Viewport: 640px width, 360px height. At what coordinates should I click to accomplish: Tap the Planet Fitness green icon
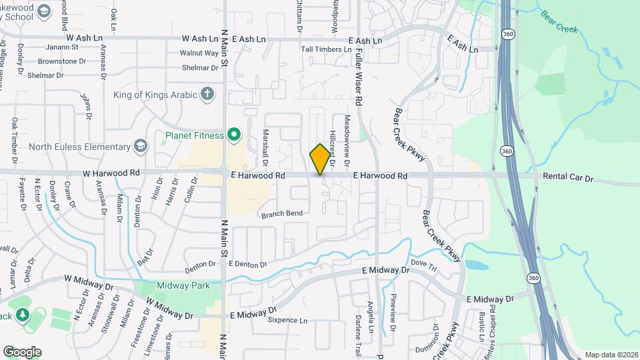[234, 135]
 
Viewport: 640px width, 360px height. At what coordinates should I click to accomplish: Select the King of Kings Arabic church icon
[208, 94]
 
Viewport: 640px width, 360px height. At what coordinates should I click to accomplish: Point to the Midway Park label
[183, 285]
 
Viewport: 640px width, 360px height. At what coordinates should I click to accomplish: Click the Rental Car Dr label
[567, 179]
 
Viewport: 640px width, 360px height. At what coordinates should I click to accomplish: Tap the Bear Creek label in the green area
[559, 21]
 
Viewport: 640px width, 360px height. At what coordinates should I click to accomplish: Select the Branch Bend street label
[282, 213]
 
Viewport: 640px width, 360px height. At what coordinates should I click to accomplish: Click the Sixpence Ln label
[287, 321]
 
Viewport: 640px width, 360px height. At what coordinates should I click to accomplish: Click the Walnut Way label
[203, 53]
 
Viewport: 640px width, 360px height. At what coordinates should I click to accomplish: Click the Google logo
[22, 351]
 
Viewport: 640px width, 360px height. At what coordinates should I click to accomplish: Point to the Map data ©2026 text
[611, 355]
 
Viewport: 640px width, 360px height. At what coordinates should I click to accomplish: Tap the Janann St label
[62, 47]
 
